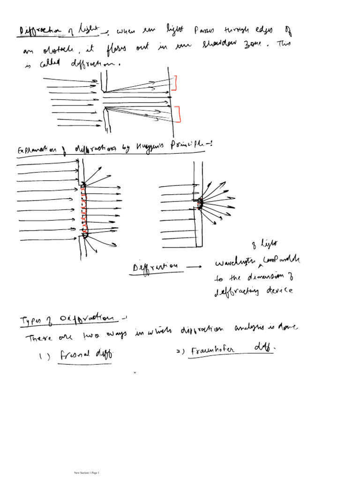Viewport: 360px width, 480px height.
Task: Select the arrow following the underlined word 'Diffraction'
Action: (x=193, y=266)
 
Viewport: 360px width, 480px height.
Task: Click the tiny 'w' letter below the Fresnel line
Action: (x=135, y=373)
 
